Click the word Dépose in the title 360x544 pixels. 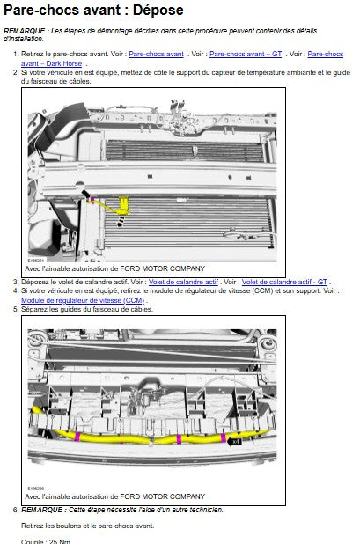click(158, 11)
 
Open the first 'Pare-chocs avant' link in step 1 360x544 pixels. click(156, 54)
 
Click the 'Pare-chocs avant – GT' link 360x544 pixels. click(246, 54)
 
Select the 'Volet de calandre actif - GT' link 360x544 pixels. click(284, 282)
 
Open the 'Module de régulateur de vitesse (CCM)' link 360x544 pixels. click(83, 300)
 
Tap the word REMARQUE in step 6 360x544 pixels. click(41, 510)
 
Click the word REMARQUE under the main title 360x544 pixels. click(25, 31)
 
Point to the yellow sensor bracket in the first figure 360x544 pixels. click(123, 205)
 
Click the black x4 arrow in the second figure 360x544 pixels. click(234, 442)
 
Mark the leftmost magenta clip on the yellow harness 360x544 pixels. click(77, 437)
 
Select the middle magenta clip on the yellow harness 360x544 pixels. click(179, 439)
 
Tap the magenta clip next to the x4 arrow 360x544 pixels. click(223, 437)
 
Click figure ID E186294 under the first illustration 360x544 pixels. click(36, 261)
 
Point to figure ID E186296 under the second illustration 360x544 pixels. click(36, 489)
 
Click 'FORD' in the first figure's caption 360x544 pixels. click(129, 268)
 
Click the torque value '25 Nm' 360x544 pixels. click(60, 541)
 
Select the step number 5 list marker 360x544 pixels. click(16, 309)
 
